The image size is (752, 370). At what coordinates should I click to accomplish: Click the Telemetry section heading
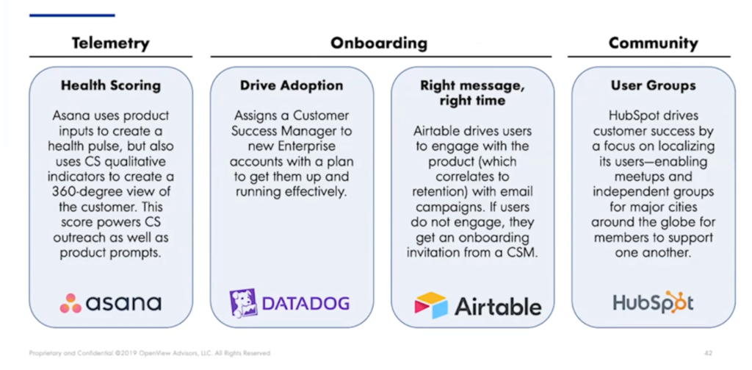pos(111,43)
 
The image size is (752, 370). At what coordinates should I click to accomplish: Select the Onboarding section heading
pos(379,43)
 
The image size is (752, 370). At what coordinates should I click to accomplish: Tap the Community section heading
pos(653,43)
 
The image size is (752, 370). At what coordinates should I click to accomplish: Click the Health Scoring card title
pos(111,86)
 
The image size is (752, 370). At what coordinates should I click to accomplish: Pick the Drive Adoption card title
pos(292,86)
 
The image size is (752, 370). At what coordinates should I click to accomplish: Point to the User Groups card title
pos(653,85)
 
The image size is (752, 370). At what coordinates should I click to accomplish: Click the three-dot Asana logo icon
pos(70,303)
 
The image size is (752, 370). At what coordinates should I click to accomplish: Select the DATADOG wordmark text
pos(306,303)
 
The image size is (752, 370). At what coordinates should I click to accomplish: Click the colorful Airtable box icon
pos(430,305)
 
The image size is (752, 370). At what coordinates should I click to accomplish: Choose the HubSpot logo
pos(653,302)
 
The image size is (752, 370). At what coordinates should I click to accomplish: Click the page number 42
pos(709,353)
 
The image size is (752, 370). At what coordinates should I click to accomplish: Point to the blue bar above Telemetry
pos(72,15)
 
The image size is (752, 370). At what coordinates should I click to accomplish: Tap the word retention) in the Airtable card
pos(440,192)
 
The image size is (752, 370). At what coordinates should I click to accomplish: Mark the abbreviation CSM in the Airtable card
pos(522,253)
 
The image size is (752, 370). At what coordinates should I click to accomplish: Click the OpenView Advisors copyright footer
pos(150,353)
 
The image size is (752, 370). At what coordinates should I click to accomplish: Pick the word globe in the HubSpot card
pos(670,222)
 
